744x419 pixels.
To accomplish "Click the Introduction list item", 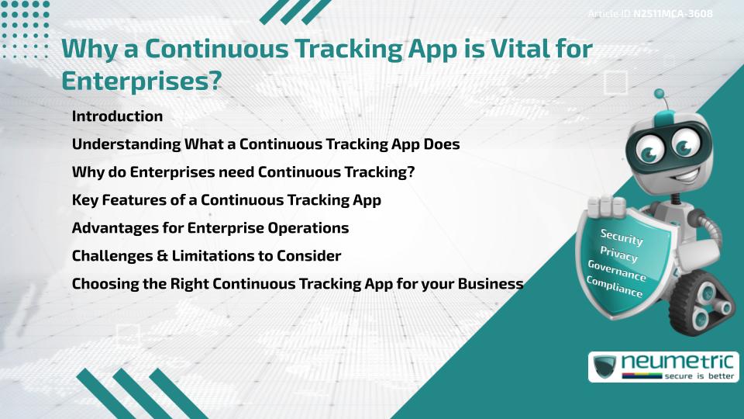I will coord(117,116).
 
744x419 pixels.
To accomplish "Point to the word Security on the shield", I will coord(622,237).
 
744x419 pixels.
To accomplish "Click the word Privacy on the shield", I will coord(618,254).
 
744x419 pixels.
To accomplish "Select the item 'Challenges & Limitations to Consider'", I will coord(206,256).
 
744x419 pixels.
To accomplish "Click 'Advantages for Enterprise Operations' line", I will coord(210,228).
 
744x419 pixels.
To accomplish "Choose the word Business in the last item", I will coord(490,284).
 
